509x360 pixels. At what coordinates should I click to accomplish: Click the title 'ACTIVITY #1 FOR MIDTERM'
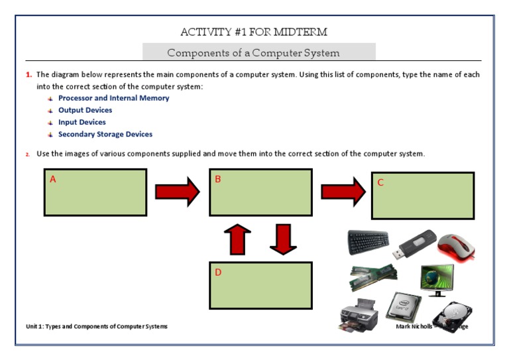(254, 32)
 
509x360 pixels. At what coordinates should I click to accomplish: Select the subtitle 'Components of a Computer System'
(253, 52)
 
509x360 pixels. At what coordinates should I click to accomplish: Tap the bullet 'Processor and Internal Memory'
(113, 98)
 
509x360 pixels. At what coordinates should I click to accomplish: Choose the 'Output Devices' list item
(85, 110)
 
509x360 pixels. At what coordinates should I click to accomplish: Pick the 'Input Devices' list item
(82, 122)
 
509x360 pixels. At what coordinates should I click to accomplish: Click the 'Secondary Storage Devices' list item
(105, 134)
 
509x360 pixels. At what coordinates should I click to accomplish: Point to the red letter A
(53, 179)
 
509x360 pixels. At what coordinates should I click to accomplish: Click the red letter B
(217, 179)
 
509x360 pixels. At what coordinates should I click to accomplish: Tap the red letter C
(380, 182)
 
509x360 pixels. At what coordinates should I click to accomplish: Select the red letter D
(217, 272)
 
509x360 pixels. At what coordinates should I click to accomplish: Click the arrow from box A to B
(177, 192)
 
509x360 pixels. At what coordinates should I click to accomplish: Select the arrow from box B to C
(343, 192)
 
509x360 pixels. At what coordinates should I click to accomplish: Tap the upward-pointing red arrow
(240, 239)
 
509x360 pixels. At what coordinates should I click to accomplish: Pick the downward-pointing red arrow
(283, 239)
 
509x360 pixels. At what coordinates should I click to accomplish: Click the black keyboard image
(368, 243)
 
